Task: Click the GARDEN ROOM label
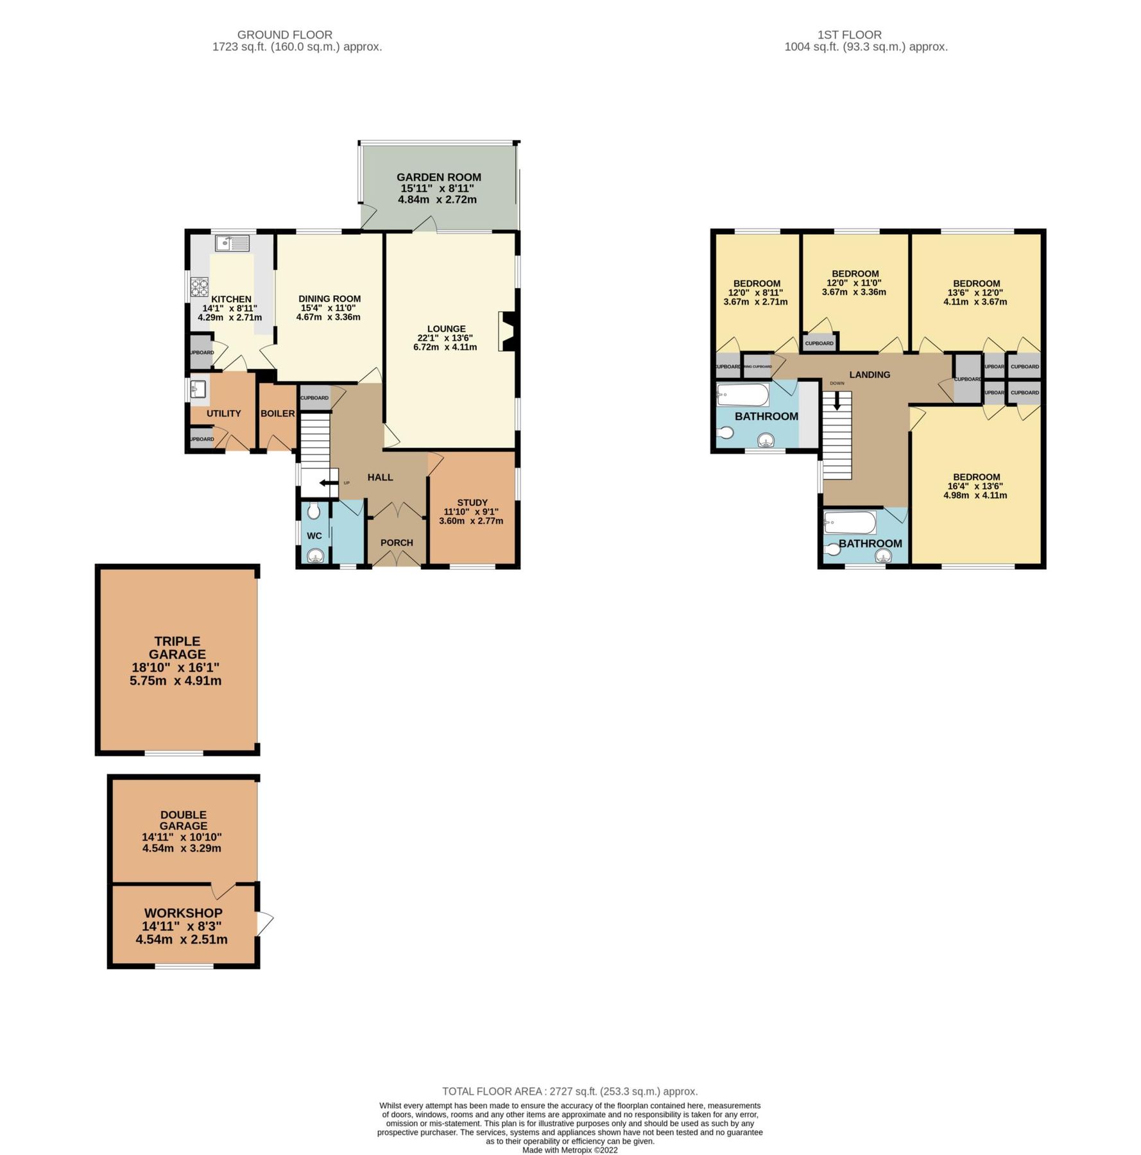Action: tap(438, 177)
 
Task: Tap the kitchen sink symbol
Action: tap(232, 243)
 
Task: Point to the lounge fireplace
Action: tap(507, 331)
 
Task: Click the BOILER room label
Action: tap(277, 414)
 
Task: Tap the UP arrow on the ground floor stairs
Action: tap(329, 483)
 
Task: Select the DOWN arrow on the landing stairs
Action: tap(837, 402)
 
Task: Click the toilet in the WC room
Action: tap(314, 511)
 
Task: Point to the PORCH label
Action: tap(397, 543)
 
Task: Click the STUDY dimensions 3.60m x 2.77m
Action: tap(471, 521)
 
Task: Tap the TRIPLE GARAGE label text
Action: tap(177, 647)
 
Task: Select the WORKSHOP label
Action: tap(184, 912)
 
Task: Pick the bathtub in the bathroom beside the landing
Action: tap(742, 395)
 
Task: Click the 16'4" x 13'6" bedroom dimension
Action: tap(975, 486)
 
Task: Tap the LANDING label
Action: tap(870, 375)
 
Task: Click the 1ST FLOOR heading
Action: tap(849, 35)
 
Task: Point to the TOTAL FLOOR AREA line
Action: tap(570, 1091)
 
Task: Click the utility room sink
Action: tap(198, 389)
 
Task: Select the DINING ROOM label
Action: tap(329, 299)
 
